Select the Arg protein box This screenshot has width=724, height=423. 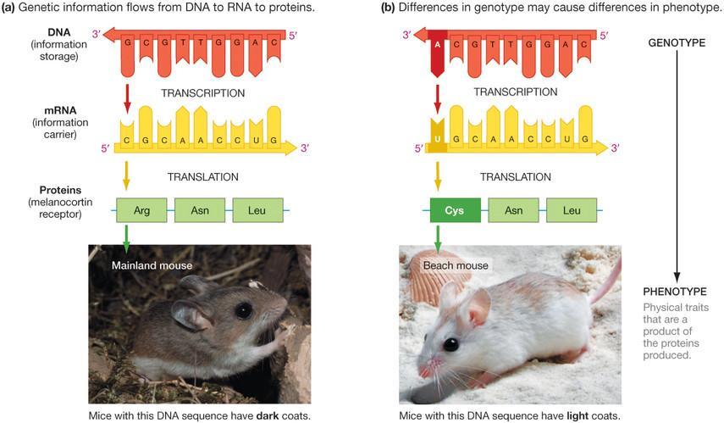141,209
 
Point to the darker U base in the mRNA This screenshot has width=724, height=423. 437,137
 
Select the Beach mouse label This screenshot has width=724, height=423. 456,265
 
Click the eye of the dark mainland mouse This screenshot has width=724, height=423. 243,310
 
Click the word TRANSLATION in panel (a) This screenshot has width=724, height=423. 202,177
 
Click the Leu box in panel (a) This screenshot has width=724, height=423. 257,209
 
